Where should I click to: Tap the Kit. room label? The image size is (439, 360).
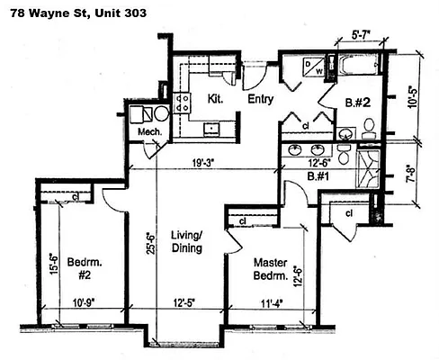(216, 97)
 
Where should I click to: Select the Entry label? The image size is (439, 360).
(260, 98)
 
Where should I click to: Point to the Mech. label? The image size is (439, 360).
(148, 132)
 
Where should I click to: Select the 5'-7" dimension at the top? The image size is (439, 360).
(362, 37)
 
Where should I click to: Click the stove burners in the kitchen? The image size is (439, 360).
(183, 99)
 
